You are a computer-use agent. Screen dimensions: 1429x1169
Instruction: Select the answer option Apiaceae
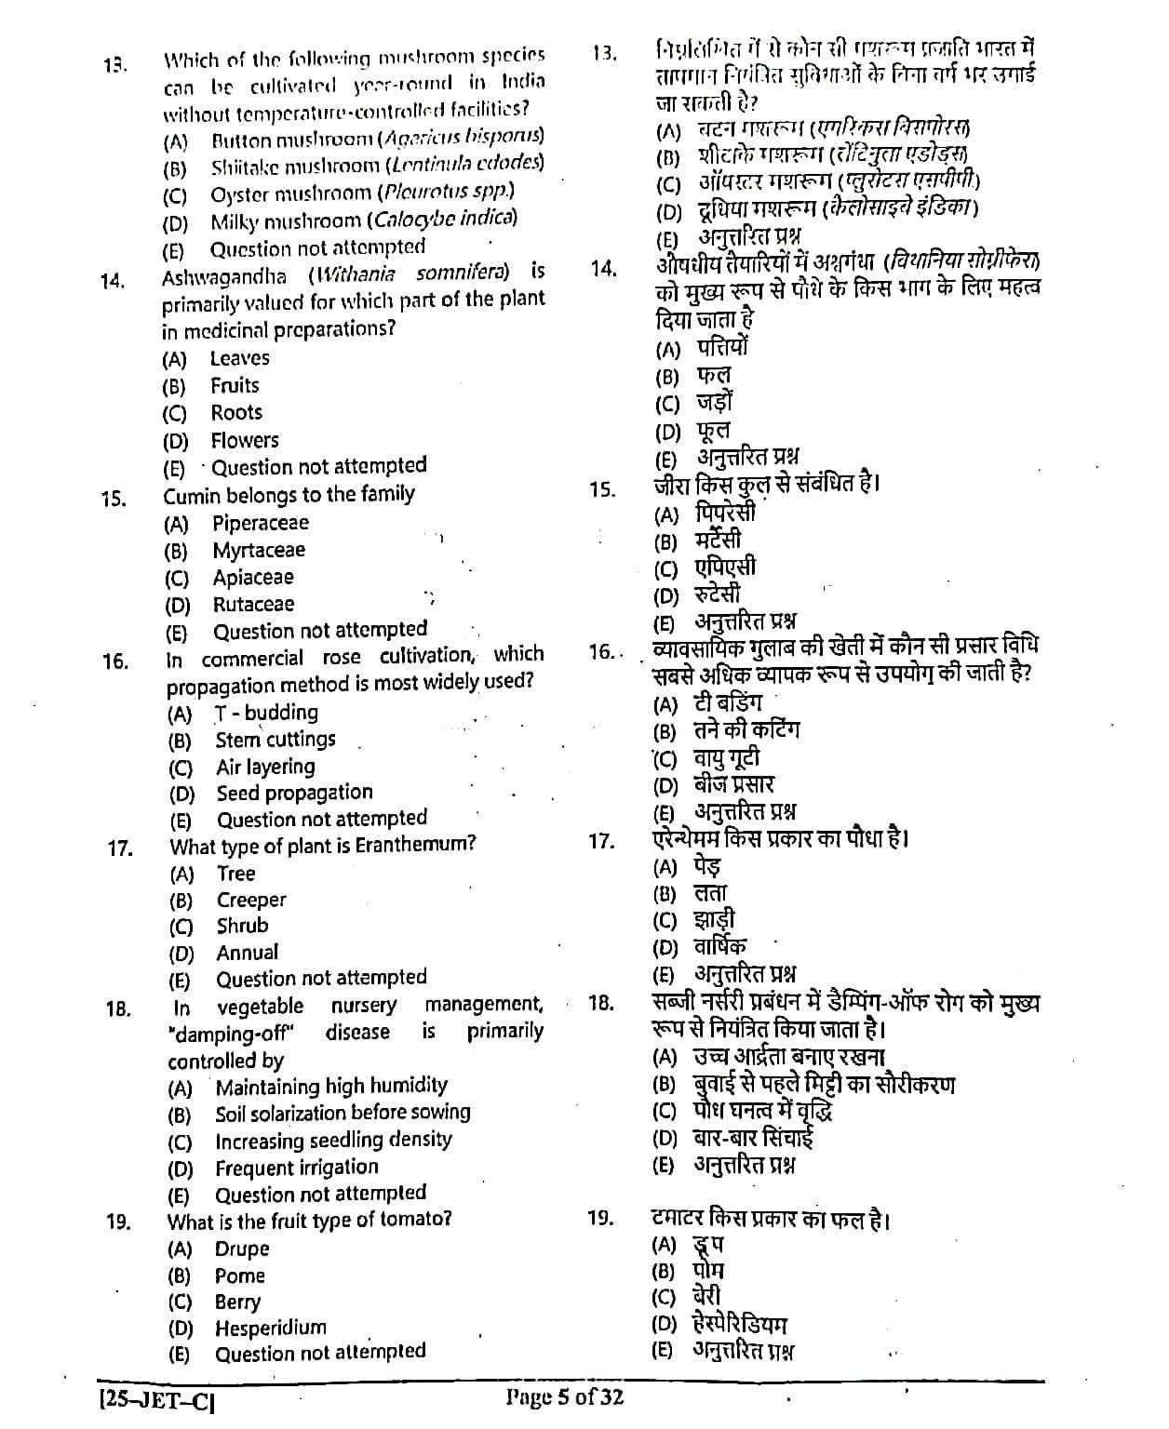(252, 578)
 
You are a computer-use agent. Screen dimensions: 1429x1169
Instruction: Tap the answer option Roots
(235, 413)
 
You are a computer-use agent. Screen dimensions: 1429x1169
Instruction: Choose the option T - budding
(266, 714)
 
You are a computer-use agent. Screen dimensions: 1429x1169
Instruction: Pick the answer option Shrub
(242, 927)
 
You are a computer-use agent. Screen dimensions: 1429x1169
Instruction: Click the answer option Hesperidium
(270, 1329)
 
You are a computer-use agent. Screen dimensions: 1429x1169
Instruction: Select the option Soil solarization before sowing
(343, 1114)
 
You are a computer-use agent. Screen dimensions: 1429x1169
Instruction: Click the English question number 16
(115, 662)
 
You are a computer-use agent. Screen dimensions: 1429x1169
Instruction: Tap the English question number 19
(118, 1222)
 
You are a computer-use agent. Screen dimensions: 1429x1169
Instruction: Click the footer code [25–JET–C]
(155, 1399)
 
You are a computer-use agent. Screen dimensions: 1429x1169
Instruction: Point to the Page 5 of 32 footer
(565, 1397)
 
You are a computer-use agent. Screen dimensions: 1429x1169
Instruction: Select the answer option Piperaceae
(260, 524)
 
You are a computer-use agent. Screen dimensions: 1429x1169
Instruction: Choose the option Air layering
(265, 768)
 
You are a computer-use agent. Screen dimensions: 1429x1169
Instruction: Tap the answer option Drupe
(241, 1249)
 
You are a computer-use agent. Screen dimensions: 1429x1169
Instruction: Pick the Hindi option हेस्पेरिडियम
(741, 1324)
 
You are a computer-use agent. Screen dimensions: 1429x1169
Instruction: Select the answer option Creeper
(251, 901)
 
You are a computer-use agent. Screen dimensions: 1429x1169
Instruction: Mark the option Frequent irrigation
(296, 1169)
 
